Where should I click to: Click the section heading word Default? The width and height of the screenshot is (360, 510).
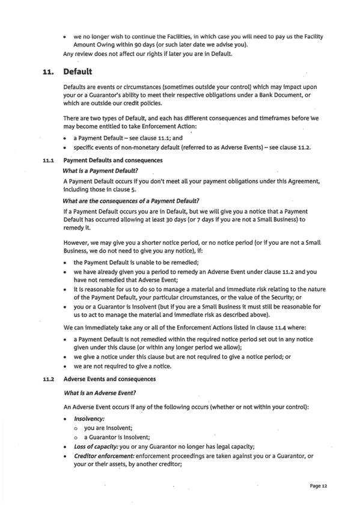(78, 72)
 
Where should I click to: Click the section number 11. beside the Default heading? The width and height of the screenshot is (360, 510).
(49, 72)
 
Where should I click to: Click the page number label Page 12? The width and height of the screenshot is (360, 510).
(319, 485)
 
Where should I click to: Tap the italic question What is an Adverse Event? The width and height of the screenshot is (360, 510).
(100, 393)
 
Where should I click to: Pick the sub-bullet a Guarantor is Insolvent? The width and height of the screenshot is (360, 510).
(109, 437)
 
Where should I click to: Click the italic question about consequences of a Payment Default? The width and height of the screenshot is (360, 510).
(131, 200)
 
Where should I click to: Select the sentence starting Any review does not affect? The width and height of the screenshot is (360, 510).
(148, 55)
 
